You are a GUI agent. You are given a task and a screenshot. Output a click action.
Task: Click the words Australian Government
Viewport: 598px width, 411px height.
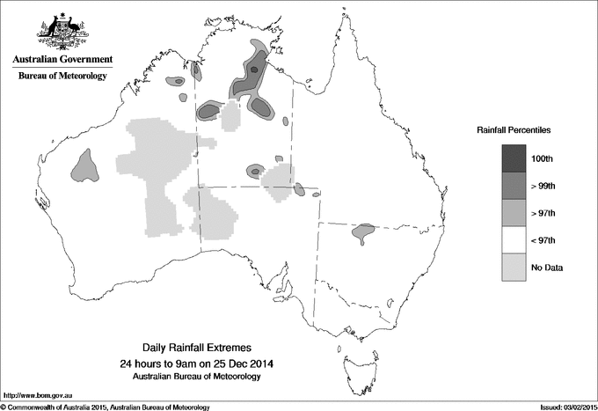pos(62,60)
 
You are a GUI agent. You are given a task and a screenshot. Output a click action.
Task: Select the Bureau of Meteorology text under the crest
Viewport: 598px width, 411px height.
pos(62,77)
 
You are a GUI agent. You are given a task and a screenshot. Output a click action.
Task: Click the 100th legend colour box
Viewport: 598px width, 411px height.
pos(514,158)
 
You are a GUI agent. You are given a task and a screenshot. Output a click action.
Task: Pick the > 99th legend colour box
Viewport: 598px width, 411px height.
pos(514,185)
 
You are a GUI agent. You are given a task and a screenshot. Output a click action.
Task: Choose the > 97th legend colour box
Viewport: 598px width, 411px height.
pos(514,212)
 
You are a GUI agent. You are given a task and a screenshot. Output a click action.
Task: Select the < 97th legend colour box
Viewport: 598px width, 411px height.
pos(514,239)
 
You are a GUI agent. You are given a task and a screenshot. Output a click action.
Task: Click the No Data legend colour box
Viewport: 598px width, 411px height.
pos(514,267)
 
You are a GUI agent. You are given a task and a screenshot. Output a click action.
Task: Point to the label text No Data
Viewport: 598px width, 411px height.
pos(545,267)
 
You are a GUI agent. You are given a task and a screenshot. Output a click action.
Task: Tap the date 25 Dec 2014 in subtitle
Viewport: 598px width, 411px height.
pos(232,363)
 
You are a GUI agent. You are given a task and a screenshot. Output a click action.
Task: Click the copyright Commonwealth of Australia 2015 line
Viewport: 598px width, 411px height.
pos(106,407)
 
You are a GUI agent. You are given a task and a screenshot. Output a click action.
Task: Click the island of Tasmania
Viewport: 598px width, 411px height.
pos(353,356)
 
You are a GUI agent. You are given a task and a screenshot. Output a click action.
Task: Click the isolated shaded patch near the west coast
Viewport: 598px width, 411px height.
pos(85,164)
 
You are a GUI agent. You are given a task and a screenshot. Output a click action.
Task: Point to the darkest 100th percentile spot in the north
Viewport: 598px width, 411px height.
pos(254,69)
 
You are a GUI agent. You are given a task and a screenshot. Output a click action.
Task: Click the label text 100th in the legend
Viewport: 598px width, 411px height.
pos(542,158)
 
